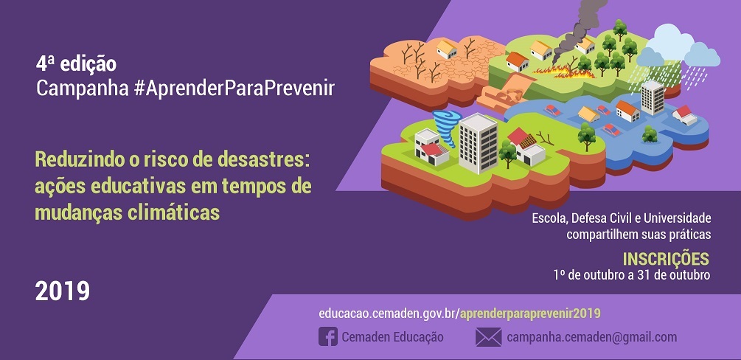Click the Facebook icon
(x=328, y=337)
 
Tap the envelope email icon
(x=488, y=337)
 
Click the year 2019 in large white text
(x=63, y=291)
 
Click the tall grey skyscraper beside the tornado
(x=479, y=142)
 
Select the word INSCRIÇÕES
(x=666, y=259)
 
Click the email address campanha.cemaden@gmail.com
(x=591, y=337)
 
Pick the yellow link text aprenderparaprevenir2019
(x=530, y=314)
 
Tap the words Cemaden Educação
(x=392, y=337)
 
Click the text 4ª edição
(x=76, y=64)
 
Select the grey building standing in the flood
(x=653, y=97)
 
